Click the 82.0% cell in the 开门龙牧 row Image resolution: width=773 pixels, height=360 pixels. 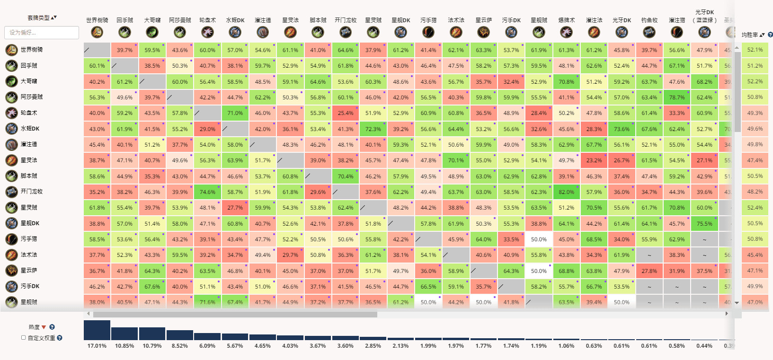pos(566,192)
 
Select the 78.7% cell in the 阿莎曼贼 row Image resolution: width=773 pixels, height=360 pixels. pos(676,97)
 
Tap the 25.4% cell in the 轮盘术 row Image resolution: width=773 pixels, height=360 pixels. pos(345,113)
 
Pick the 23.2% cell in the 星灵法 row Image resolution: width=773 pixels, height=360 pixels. pos(594,160)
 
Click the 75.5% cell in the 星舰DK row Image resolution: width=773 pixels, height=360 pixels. pos(704,224)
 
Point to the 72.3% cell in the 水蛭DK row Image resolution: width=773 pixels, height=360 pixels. pos(373,129)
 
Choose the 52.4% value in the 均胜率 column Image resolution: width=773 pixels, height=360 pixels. pos(755,208)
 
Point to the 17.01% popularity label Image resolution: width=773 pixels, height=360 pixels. pos(97,346)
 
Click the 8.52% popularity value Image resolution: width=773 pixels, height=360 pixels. pos(180,346)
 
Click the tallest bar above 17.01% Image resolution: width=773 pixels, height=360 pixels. pos(97,330)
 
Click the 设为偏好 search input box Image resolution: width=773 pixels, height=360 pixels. pos(42,33)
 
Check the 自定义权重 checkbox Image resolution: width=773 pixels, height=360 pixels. pos(24,338)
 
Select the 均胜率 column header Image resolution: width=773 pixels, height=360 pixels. pos(753,35)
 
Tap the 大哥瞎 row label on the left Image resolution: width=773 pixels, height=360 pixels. pos(29,81)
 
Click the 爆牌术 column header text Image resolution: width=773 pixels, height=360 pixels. pos(566,20)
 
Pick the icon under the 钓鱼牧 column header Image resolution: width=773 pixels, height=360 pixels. pos(649,32)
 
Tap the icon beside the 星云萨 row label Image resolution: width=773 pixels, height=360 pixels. pos(11,271)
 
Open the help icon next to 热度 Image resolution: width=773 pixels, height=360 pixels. pos(52,327)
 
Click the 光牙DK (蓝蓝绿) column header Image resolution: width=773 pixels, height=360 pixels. pos(704,16)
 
